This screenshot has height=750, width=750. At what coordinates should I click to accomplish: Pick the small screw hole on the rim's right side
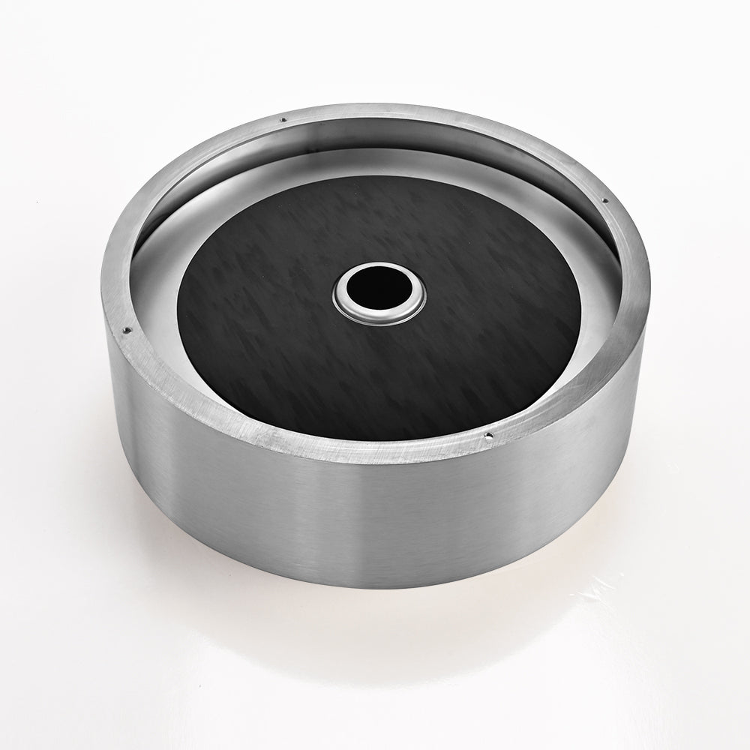click(x=604, y=199)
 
